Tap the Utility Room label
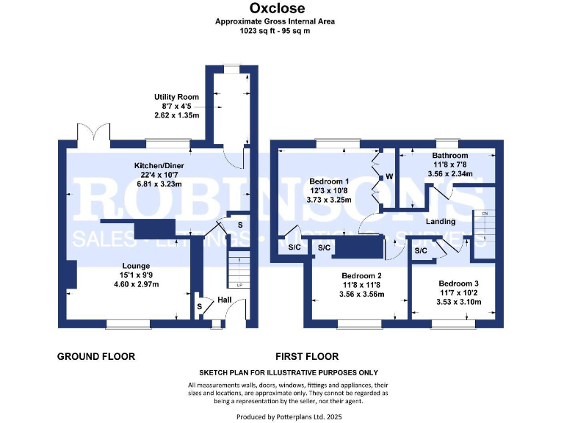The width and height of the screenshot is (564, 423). [x=176, y=97]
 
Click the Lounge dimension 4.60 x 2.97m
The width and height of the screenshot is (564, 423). [x=137, y=284]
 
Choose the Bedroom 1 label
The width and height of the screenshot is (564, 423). [x=329, y=181]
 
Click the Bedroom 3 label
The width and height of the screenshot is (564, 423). [x=458, y=283]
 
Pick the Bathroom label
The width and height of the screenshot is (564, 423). [x=449, y=156]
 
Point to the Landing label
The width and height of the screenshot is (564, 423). [x=441, y=221]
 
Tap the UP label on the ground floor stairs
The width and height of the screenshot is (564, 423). [x=239, y=285]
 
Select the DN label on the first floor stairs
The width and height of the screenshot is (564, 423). [x=484, y=214]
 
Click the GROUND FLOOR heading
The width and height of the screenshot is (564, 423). [x=96, y=357]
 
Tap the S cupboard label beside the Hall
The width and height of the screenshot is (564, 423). [x=198, y=306]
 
